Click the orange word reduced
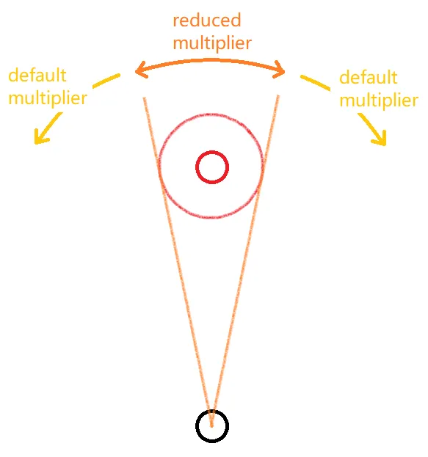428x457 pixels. pos(207,21)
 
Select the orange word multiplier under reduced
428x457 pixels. pos(212,43)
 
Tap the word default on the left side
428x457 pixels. pos(37,76)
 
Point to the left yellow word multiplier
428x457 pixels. pos(48,98)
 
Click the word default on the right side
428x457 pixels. pos(369,77)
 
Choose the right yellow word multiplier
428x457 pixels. pos(379,100)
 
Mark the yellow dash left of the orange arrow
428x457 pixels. pos(106,81)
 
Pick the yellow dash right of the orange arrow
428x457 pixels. pos(315,83)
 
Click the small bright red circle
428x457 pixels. pos(212,151)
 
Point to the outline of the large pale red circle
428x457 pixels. pos(211,114)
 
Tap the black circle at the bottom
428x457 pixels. pos(212,410)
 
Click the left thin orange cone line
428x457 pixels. pos(178,263)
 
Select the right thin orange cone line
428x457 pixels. pos(245,261)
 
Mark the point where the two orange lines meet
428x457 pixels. pos(212,426)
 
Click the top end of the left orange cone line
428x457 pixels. pos(144,98)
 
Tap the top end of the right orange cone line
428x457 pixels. pos(278,96)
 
